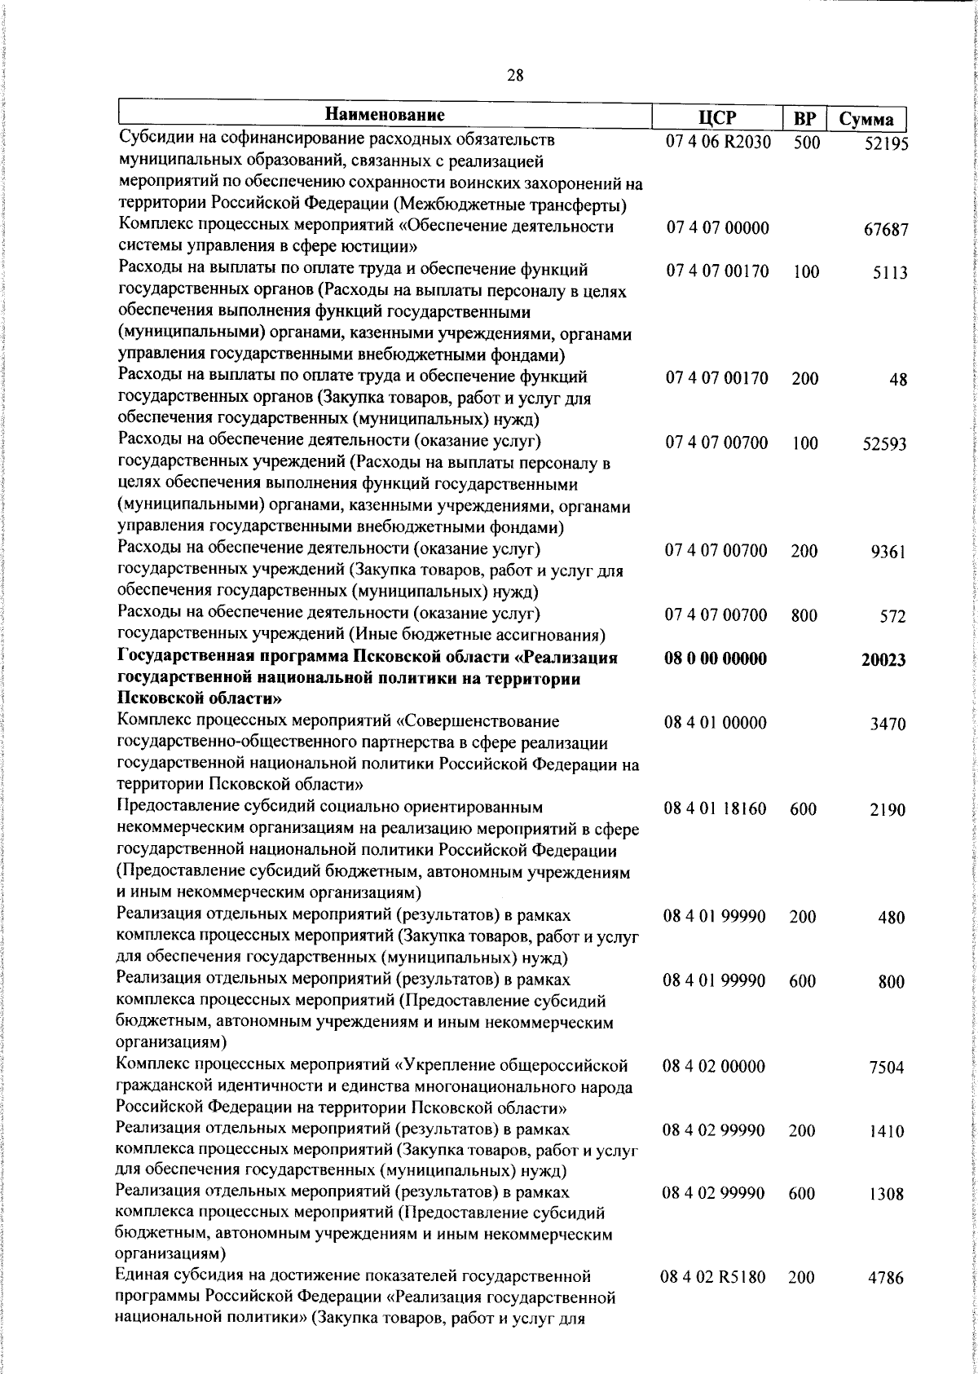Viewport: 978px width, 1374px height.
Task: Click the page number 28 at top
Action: (514, 76)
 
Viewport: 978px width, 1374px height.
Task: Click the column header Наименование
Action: (385, 112)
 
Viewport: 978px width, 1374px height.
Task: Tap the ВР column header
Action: (804, 120)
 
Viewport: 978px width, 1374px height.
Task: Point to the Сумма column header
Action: (866, 120)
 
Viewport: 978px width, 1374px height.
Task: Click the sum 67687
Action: (885, 230)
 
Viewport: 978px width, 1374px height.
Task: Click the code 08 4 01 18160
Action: (715, 809)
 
